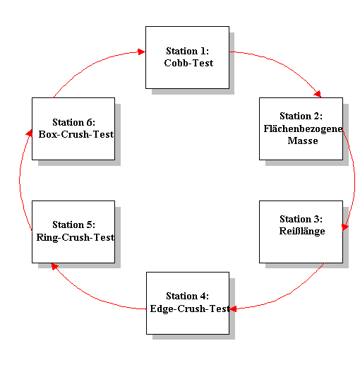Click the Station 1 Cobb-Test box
click(187, 57)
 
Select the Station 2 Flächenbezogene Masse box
click(301, 128)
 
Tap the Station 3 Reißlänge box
click(301, 232)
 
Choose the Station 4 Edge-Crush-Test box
click(188, 303)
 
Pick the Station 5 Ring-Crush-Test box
click(73, 232)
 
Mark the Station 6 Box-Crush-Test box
click(73, 128)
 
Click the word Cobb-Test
click(188, 63)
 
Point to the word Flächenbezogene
click(303, 128)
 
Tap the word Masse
click(303, 140)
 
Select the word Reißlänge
click(302, 231)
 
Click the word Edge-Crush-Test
click(190, 309)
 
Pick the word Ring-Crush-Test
click(76, 237)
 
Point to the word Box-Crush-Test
click(76, 134)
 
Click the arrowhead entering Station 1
click(141, 52)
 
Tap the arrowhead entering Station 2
click(318, 94)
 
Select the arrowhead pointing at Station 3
click(345, 227)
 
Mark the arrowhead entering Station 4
click(233, 309)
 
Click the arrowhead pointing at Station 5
click(54, 266)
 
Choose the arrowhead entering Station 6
click(30, 133)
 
